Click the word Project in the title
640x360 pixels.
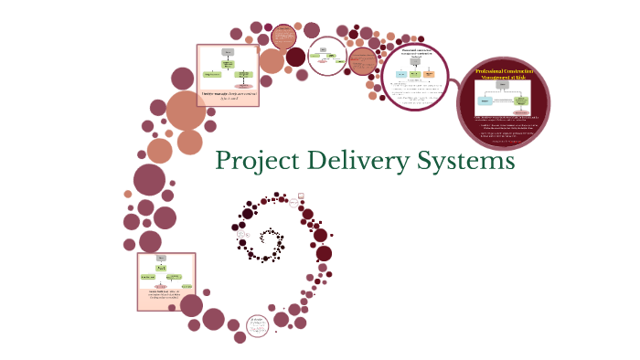pos(255,162)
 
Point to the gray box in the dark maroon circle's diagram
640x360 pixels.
pos(503,87)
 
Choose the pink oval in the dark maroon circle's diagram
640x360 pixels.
pos(520,112)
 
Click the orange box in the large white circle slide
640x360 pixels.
pos(429,74)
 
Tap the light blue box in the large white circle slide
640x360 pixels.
pos(400,74)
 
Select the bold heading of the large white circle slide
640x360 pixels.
pos(415,52)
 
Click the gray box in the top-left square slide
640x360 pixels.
pos(225,54)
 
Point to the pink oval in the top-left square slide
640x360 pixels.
pos(244,86)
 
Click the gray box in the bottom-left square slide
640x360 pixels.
pos(161,259)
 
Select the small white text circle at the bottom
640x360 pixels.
pos(258,323)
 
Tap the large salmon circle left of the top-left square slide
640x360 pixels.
pos(187,111)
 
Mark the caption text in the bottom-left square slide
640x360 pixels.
pos(165,294)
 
